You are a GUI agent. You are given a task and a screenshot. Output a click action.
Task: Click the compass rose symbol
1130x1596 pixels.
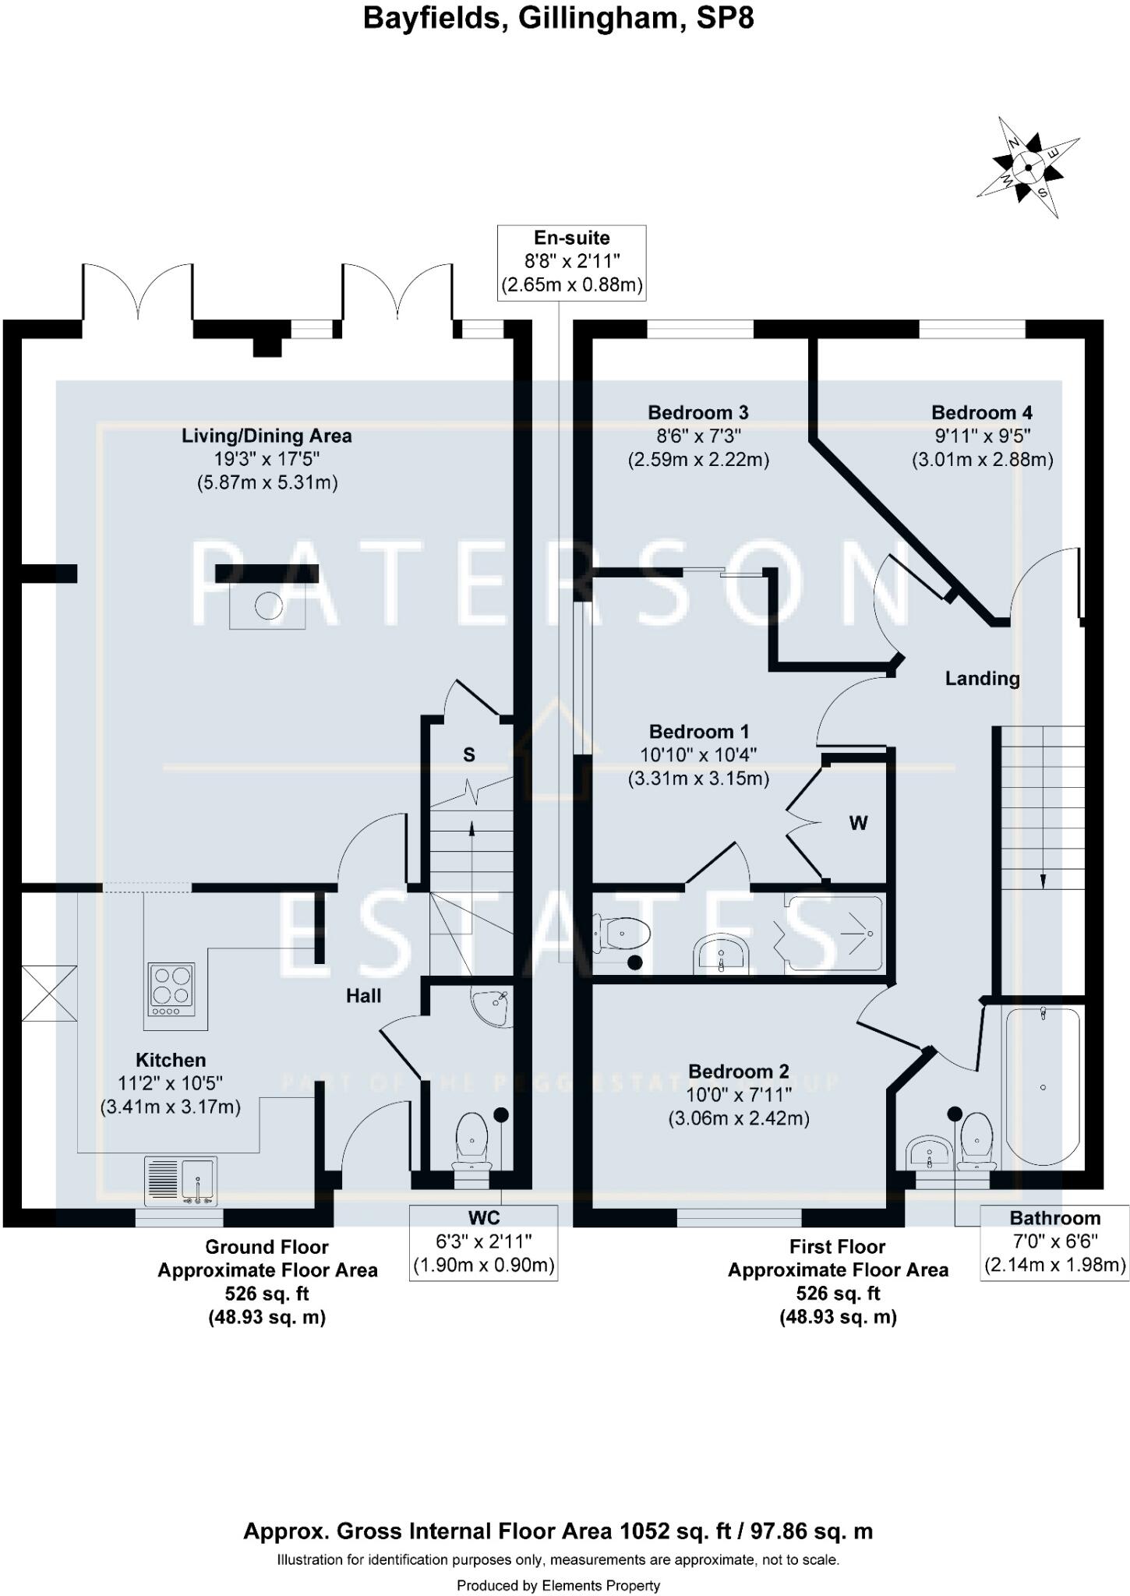1028,167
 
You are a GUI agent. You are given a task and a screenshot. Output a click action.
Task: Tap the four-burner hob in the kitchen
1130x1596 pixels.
171,989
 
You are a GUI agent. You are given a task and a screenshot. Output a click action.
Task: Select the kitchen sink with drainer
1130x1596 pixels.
180,1181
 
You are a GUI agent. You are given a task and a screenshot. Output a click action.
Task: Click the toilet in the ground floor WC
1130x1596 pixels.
471,1139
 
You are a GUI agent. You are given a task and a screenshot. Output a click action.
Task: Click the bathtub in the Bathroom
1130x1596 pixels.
1043,1086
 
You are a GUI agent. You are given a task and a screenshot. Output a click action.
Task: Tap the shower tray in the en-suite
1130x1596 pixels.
834,934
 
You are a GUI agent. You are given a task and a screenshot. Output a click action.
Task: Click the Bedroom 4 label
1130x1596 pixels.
982,412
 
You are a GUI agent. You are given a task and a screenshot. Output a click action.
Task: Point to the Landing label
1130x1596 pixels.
982,678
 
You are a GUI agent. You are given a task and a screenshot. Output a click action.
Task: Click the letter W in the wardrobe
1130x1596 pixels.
858,823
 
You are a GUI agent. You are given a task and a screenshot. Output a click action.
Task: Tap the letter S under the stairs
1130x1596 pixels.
468,754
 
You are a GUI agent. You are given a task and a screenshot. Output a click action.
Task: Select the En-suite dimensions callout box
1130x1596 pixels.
572,262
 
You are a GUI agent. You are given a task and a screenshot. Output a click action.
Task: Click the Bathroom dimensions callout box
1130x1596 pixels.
1054,1241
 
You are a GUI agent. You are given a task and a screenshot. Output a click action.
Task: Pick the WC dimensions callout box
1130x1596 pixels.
483,1241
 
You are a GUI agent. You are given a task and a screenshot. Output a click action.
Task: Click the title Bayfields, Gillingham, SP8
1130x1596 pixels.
558,18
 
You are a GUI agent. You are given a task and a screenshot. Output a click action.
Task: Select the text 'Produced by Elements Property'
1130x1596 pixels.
558,1585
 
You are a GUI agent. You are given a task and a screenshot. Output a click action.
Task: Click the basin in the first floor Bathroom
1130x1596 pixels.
929,1151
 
